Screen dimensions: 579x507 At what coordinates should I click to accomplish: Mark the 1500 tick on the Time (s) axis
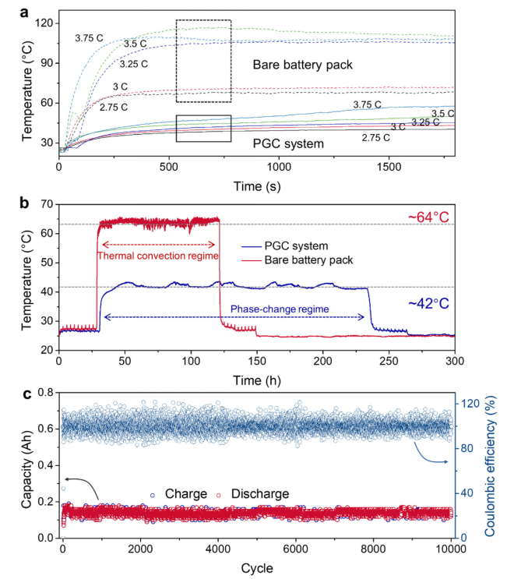389,165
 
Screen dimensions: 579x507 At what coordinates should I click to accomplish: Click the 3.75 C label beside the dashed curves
89,37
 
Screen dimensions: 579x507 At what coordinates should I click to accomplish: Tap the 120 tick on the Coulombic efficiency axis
472,404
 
